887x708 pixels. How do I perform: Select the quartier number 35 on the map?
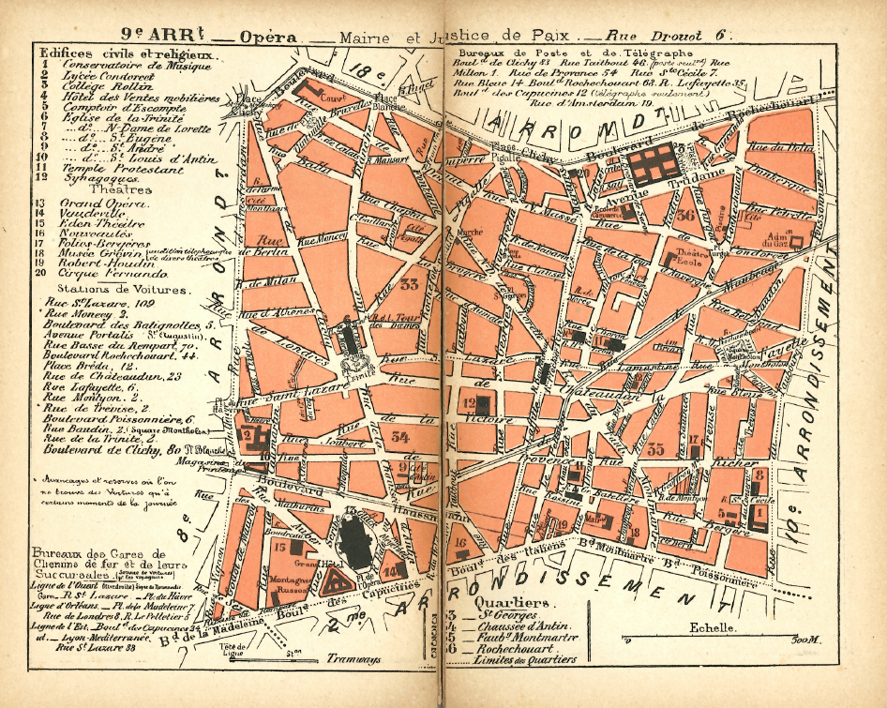tap(655, 449)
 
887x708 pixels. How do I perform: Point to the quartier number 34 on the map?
tap(400, 434)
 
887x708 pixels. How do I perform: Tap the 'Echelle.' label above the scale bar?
tap(712, 628)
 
